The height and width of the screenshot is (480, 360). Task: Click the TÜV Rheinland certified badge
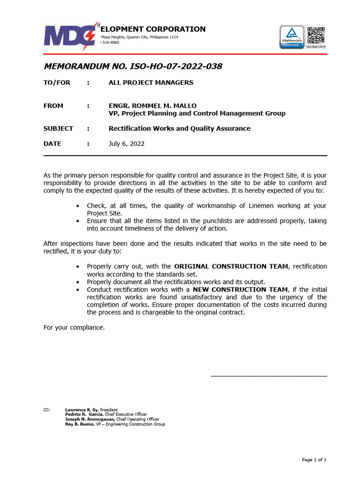tap(292, 37)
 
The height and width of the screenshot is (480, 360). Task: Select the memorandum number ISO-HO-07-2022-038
tap(133, 67)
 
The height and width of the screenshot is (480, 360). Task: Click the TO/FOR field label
tap(57, 82)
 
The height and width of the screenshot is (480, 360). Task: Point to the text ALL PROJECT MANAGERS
tap(151, 82)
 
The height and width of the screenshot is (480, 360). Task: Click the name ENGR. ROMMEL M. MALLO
tap(153, 105)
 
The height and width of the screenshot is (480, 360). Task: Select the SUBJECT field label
tap(58, 128)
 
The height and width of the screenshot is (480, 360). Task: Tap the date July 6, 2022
tap(127, 144)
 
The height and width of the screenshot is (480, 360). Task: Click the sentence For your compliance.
tap(74, 327)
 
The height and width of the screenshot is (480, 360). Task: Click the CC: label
tap(47, 410)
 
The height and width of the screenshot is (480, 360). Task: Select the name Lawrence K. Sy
tap(78, 410)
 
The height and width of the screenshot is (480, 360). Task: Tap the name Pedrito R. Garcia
tap(84, 414)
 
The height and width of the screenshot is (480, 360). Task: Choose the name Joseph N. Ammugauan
tap(90, 420)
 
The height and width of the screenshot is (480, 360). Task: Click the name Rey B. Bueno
tap(79, 424)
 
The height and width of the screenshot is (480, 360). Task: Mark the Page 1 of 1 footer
tap(314, 460)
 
